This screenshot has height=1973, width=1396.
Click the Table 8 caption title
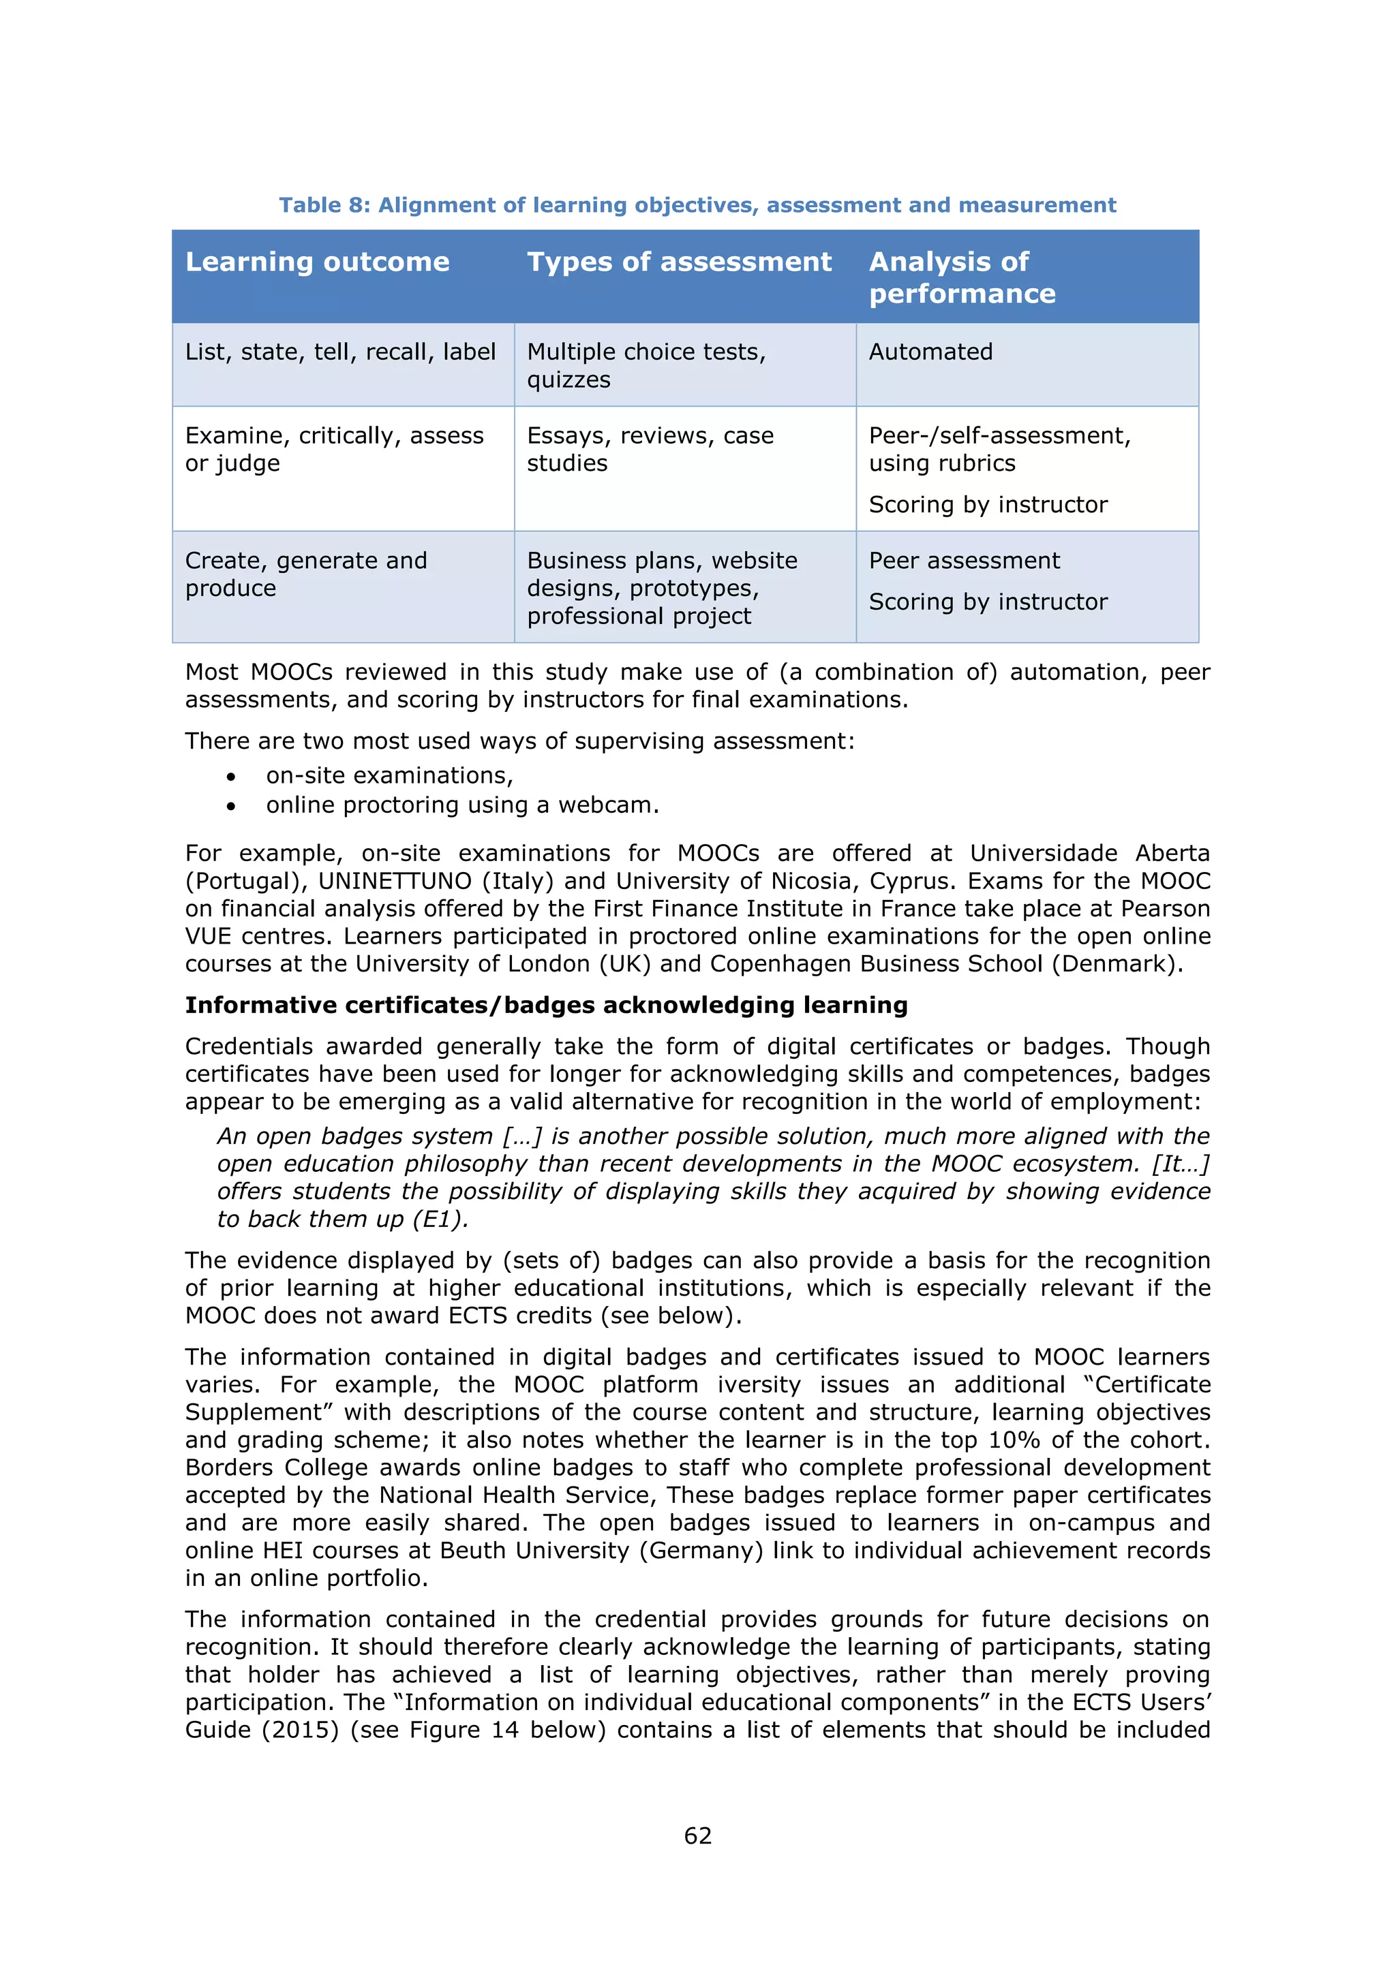coord(697,205)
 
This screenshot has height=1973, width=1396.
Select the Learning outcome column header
coord(317,262)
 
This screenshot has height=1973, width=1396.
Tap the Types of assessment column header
coord(679,262)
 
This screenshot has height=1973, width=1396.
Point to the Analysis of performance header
coord(961,277)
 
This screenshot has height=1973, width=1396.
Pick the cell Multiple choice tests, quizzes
coord(646,365)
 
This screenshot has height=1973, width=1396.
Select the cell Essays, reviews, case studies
coord(650,450)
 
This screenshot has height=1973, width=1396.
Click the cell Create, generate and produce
coord(306,574)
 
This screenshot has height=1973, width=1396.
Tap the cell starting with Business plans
coord(662,588)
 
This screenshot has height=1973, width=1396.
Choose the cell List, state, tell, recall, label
coord(340,352)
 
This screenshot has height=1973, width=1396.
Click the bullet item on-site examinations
coord(389,776)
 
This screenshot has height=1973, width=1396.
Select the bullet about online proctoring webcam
coord(462,805)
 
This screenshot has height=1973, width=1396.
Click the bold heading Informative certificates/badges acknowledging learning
coord(546,1006)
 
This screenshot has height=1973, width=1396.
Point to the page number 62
coord(697,1836)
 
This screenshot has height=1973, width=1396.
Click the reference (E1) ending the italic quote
coord(440,1219)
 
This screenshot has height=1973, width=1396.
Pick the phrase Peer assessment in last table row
coord(965,561)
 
